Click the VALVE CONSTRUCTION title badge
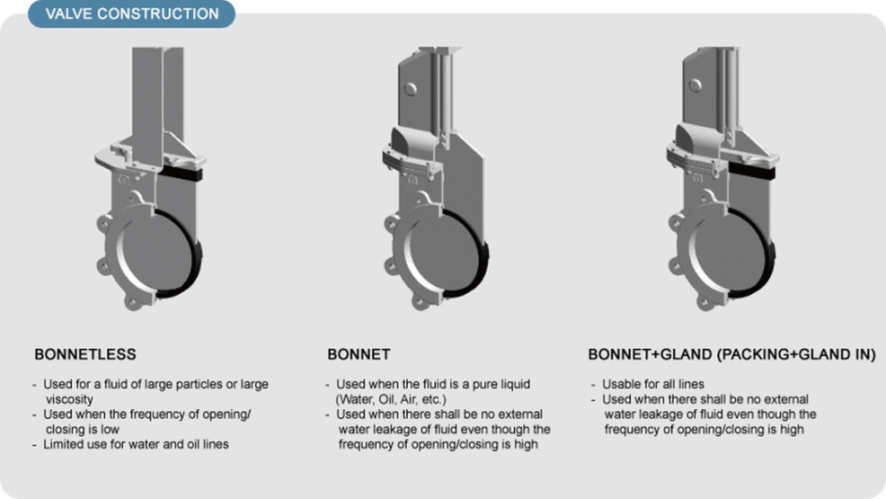pos(131,14)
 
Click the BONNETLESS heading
pos(85,355)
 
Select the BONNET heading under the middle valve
pos(358,355)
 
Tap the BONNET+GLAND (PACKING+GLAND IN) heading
pos(731,355)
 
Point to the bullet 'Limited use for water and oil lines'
pos(136,444)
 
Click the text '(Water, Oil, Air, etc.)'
pos(391,399)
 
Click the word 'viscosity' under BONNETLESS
pos(69,399)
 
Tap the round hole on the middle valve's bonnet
pos(411,88)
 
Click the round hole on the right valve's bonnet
pos(696,85)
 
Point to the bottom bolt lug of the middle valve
pos(420,302)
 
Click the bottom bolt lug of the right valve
pos(706,302)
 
